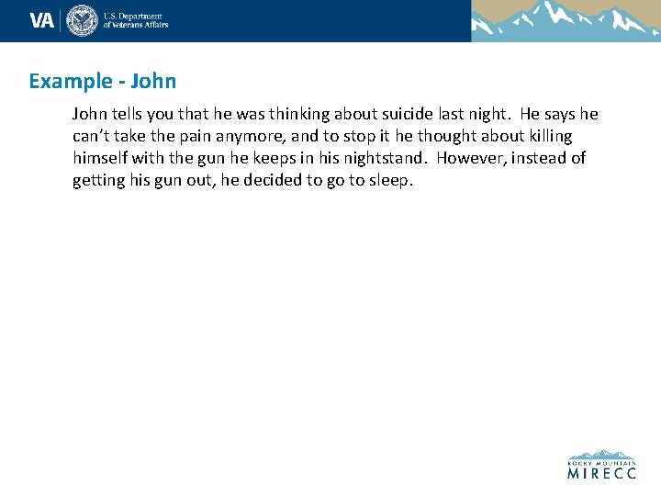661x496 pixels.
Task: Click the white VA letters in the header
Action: point(42,20)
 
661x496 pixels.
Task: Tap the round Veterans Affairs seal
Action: point(82,20)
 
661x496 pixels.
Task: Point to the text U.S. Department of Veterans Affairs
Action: point(136,20)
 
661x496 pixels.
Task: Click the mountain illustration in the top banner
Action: point(566,20)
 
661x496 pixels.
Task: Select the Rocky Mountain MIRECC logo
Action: point(601,465)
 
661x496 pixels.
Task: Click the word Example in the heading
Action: point(69,81)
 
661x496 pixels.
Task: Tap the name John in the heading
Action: point(153,81)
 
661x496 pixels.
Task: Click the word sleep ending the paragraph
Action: point(391,180)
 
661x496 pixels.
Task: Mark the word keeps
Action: point(278,158)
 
